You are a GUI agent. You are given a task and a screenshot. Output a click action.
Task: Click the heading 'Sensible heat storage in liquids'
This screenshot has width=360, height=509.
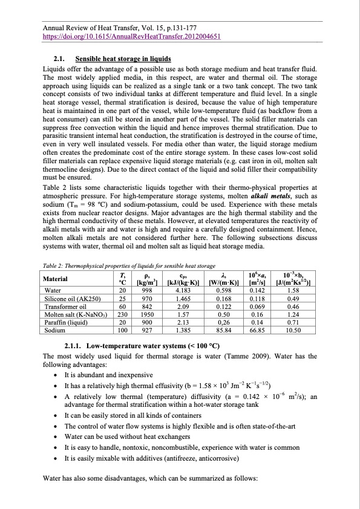coord(123,59)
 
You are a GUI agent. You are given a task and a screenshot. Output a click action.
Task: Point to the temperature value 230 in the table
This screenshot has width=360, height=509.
coord(122,315)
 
